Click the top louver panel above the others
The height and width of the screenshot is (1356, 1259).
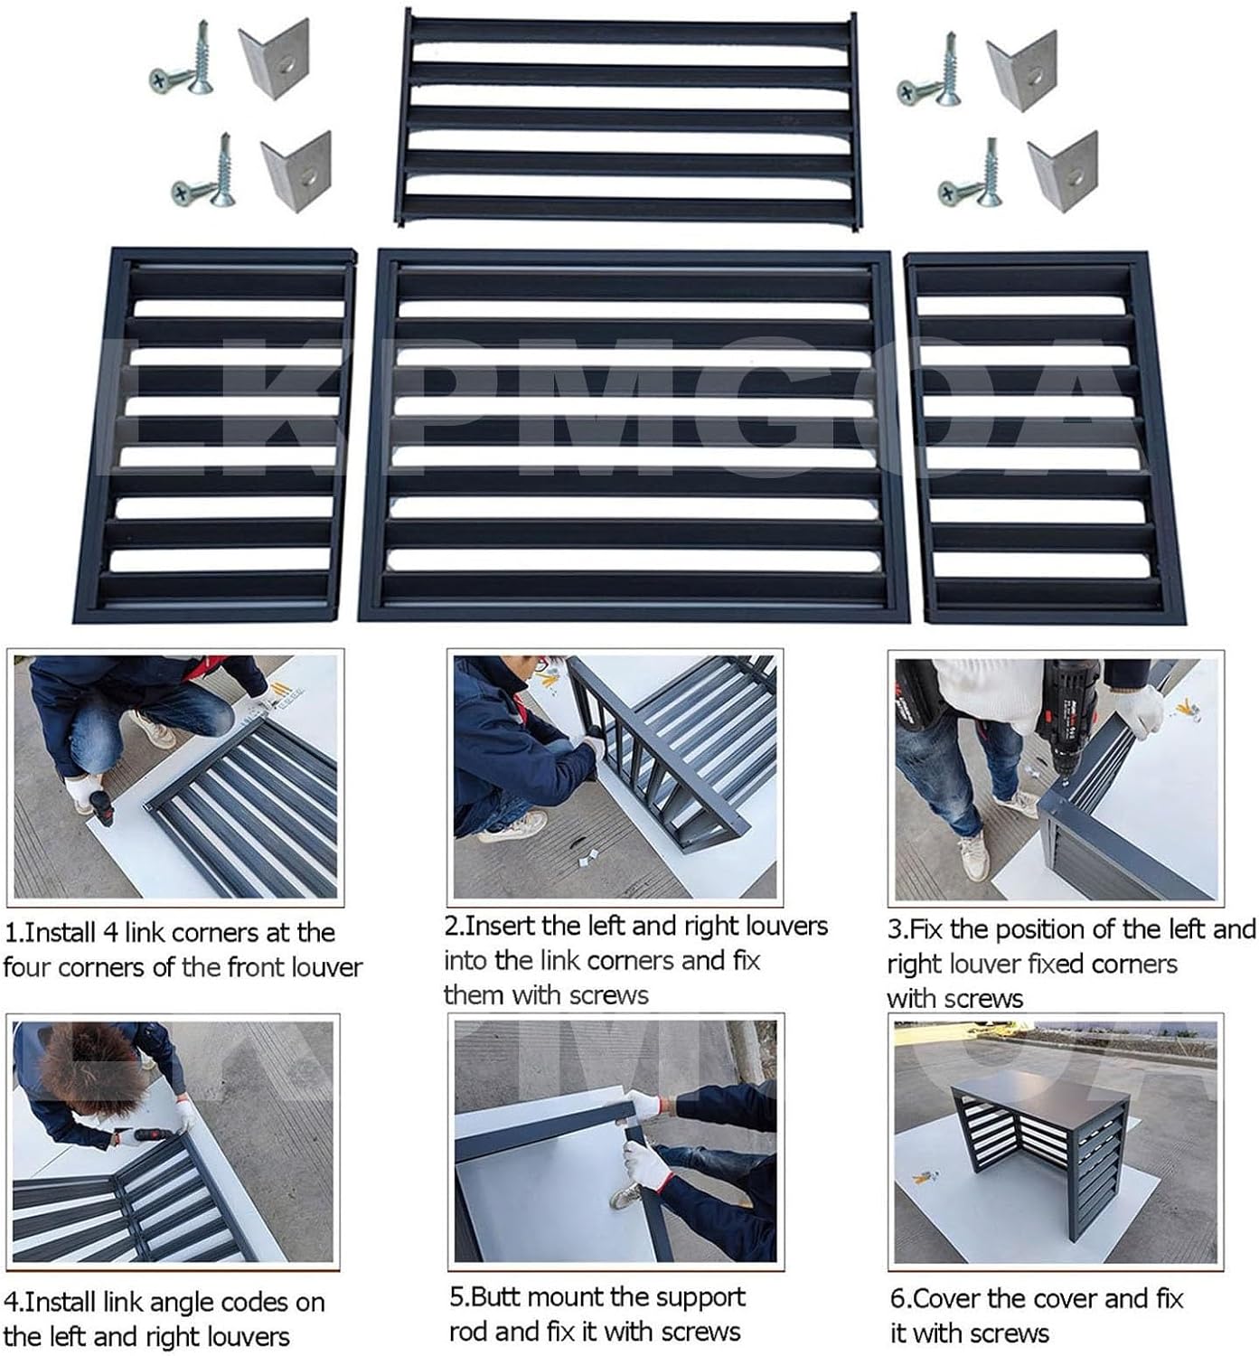coord(628,118)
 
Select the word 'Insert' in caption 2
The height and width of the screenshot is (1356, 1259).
coord(498,927)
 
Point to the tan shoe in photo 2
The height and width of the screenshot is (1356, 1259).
coord(512,825)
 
